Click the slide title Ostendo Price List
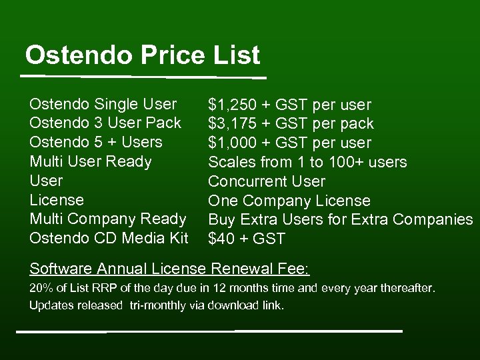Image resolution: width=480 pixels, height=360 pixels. tap(142, 55)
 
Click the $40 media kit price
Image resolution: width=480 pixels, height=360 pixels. tap(221, 239)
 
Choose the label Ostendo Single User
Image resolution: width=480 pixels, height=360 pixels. tap(103, 104)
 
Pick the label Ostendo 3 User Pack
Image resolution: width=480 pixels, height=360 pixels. tap(105, 123)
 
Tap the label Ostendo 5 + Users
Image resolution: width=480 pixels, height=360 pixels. tap(96, 142)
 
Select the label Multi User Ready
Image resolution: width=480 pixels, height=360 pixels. tap(91, 161)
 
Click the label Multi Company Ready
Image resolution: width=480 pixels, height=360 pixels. tap(108, 219)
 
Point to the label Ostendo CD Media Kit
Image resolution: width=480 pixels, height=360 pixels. tap(109, 238)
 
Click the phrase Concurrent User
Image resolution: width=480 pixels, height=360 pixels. tap(267, 181)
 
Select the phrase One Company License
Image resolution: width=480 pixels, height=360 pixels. tap(289, 201)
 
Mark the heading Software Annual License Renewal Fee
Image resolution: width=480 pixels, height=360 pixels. tap(169, 269)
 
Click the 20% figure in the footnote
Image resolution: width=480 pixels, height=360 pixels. tap(39, 289)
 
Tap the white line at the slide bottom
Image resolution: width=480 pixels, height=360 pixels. tap(209, 331)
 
